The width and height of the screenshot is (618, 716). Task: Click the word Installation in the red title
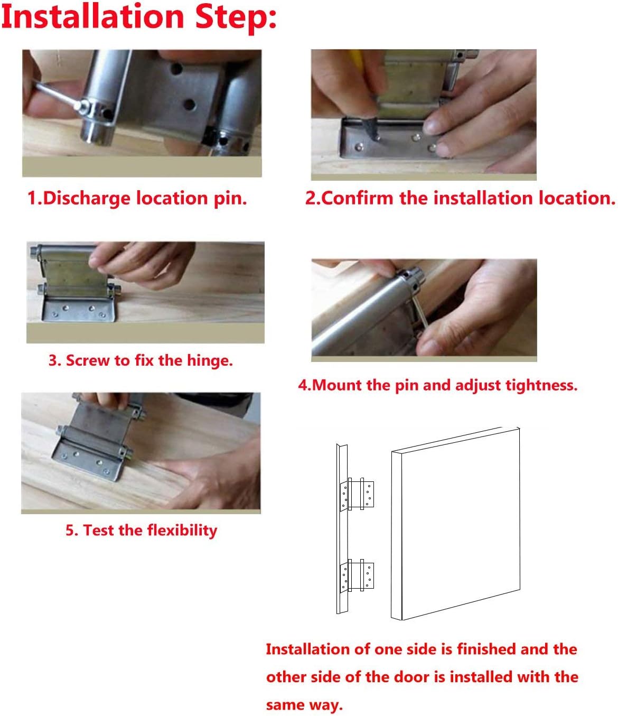pos(92,17)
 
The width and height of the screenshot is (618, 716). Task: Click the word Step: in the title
pos(236,17)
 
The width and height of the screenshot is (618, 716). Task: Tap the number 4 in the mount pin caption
pos(302,385)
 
